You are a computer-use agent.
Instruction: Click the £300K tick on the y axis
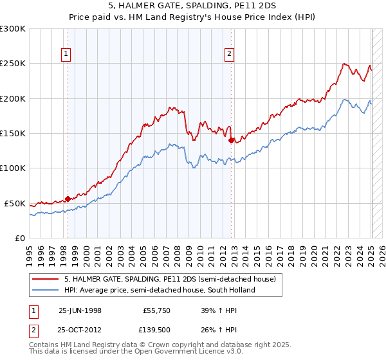13,29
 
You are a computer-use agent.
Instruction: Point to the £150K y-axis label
13,133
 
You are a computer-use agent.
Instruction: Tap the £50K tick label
15,203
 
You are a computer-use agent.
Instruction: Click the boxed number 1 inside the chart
67,55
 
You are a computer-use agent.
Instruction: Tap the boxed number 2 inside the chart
230,55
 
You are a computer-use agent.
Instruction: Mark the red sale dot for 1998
68,199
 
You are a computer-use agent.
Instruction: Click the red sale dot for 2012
231,137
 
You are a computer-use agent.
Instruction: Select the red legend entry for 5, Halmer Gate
170,279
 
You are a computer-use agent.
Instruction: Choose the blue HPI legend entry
159,290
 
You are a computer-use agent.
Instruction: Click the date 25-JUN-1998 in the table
80,310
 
